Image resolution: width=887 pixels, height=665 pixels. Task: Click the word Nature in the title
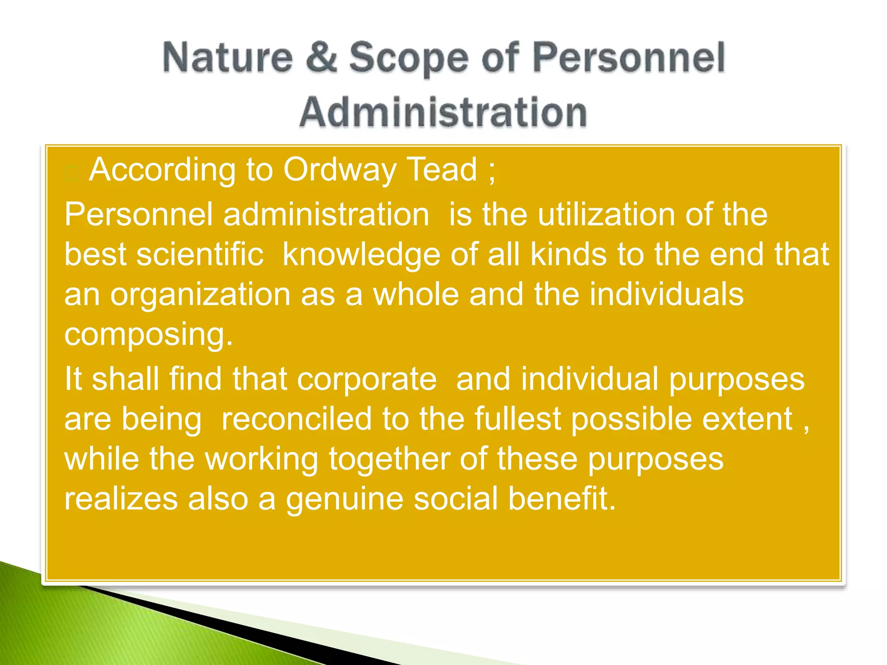(228, 58)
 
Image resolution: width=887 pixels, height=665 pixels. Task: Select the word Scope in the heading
(409, 58)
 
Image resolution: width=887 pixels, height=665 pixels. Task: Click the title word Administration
(443, 112)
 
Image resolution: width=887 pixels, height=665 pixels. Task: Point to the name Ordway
(340, 170)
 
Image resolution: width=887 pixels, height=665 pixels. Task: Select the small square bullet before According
(72, 174)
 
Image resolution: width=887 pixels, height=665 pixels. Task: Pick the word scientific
(200, 254)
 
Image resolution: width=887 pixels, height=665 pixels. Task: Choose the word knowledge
(361, 255)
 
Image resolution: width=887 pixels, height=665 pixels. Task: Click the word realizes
(121, 499)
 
